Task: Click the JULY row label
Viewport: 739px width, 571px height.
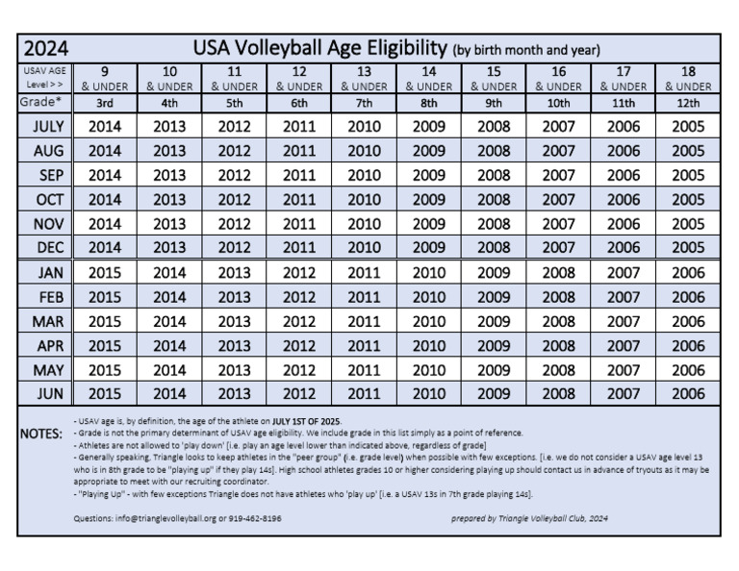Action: [48, 126]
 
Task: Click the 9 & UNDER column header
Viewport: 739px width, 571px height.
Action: [105, 78]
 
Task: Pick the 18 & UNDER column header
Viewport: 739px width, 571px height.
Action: [688, 78]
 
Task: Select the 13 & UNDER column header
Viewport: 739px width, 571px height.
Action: [364, 78]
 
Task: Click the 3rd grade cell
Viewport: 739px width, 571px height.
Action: [105, 102]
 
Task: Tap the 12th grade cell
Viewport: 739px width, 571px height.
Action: [688, 102]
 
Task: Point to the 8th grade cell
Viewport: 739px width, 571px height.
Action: [429, 102]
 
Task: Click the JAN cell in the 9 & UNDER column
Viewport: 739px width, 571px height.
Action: [105, 272]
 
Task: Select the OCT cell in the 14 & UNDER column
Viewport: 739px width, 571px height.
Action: [429, 200]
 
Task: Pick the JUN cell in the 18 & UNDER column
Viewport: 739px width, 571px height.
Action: [688, 393]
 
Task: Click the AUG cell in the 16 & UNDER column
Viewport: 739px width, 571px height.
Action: [559, 151]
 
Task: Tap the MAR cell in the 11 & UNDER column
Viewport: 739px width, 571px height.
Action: [234, 321]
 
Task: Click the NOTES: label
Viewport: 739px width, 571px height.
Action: [41, 434]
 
